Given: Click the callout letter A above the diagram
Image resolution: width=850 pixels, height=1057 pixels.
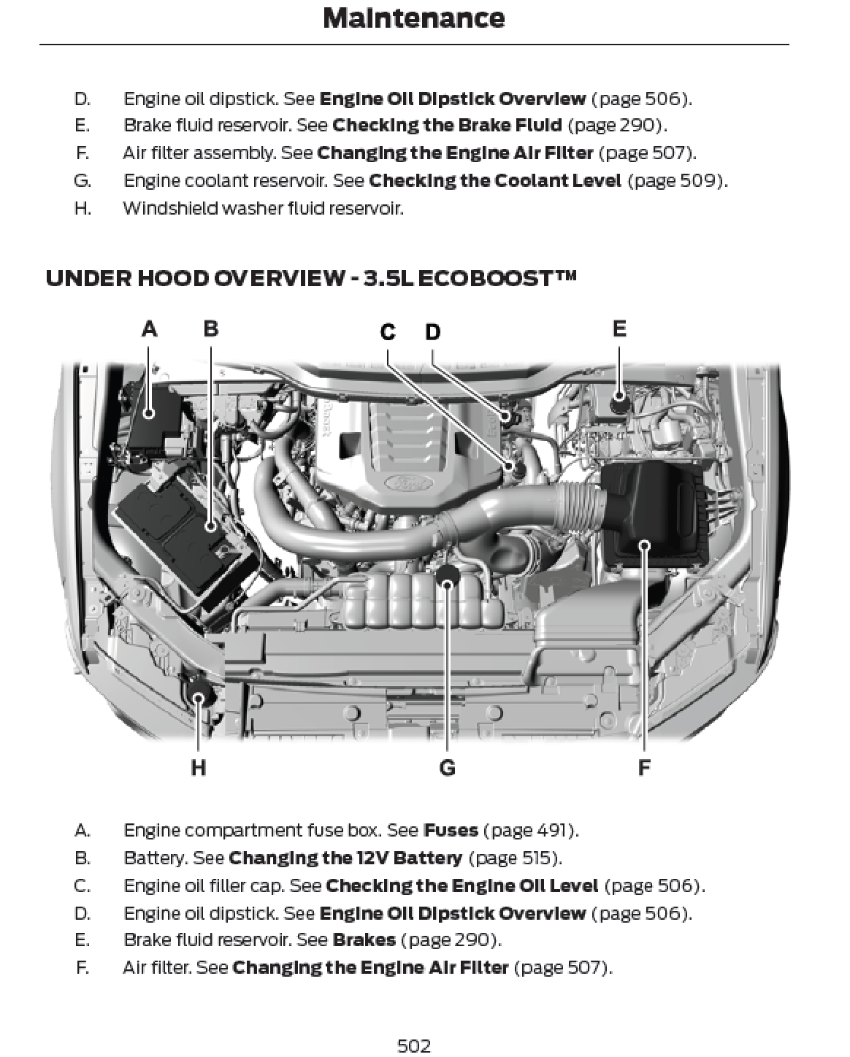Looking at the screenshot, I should [x=149, y=329].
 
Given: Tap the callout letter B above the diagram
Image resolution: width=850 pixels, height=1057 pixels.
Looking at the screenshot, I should [x=210, y=329].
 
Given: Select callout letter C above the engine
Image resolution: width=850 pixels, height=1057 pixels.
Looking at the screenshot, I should [x=388, y=333].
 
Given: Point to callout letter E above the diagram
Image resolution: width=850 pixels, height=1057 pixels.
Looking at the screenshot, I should [x=619, y=329].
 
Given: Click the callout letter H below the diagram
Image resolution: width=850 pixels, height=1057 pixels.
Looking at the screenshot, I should [x=198, y=768].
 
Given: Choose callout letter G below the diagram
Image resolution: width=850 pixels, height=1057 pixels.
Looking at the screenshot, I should [x=447, y=768].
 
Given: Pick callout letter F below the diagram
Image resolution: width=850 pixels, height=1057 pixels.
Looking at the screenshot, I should [x=644, y=768].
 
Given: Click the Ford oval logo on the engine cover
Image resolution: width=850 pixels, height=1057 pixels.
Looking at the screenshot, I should [x=400, y=484].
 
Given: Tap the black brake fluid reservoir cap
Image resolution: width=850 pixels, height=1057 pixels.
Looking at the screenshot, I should [x=619, y=401].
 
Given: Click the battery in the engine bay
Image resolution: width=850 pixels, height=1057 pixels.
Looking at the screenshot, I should [x=183, y=537].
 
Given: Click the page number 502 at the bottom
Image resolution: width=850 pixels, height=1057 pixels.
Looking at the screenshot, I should [x=413, y=1046].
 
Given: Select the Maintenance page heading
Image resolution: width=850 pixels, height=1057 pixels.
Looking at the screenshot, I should [x=413, y=18].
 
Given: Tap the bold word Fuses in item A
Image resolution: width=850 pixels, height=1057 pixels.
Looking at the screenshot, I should [x=451, y=831].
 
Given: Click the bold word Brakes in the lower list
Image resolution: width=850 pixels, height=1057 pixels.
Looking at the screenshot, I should [x=364, y=940].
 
